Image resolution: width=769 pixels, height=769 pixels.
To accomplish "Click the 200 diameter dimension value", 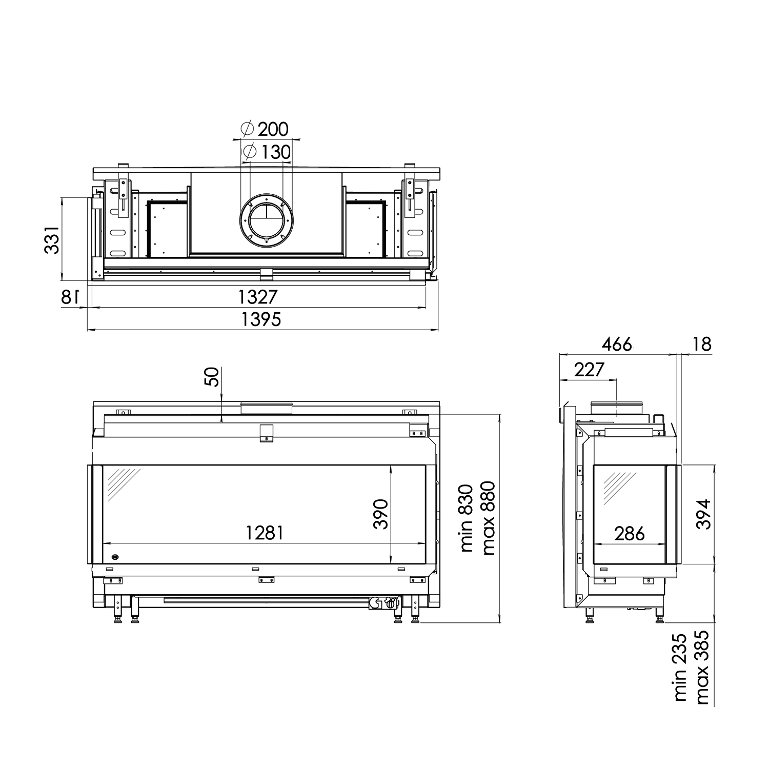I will click(273, 129).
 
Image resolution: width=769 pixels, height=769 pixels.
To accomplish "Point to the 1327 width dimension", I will click(258, 297).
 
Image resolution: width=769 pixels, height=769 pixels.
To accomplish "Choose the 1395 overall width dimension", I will click(261, 319).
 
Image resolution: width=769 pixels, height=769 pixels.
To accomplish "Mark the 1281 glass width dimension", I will click(264, 533).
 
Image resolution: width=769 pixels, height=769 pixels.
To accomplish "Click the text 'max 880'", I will click(488, 518).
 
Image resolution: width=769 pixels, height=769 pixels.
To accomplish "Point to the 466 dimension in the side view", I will click(617, 345).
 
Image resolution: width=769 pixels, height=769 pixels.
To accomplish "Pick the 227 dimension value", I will click(589, 369).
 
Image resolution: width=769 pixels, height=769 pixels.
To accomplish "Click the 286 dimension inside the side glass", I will click(629, 534).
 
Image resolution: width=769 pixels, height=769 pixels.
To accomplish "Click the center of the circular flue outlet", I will click(266, 219).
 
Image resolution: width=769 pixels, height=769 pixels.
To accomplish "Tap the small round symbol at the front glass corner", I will click(115, 556).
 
